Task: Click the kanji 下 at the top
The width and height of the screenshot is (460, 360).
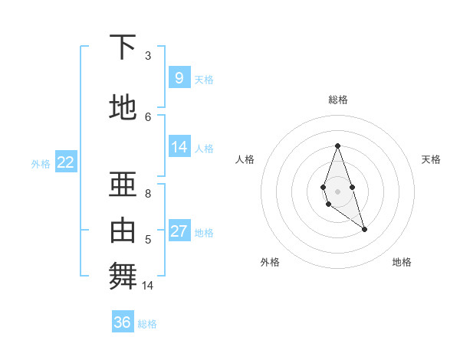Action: coord(123,47)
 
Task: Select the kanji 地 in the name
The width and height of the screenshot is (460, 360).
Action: coord(123,107)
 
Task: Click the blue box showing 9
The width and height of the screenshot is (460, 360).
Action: coord(179,77)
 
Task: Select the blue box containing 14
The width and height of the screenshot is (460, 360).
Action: coord(179,147)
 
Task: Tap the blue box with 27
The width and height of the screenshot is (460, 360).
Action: coord(179,231)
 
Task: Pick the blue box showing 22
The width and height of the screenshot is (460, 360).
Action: coord(66,162)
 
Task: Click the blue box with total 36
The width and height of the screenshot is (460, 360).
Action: coord(123,322)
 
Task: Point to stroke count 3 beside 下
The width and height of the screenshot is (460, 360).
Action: coord(148,55)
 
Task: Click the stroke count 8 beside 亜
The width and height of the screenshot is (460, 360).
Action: coord(148,194)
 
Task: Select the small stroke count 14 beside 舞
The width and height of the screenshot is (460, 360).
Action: coord(148,286)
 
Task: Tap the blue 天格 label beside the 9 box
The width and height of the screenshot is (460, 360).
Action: coord(204,79)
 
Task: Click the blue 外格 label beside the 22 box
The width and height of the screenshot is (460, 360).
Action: coord(41,163)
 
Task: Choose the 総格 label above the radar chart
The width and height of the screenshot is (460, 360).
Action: coord(337,100)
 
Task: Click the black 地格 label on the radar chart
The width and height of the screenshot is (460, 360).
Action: coord(402,262)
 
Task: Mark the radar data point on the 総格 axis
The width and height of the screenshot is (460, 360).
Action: coord(337,146)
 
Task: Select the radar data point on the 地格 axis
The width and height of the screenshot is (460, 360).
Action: coord(364,229)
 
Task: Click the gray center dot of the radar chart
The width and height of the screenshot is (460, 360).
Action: coord(337,191)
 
